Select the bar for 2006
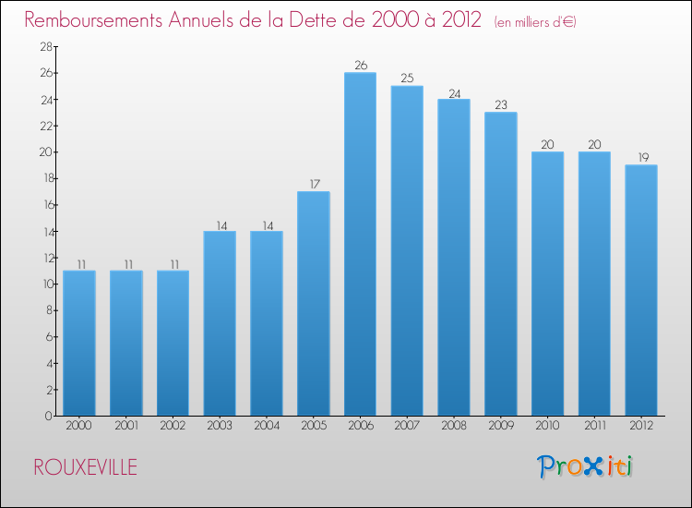[360, 244]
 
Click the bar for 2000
[78, 343]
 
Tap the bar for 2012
[641, 290]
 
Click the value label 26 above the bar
[360, 66]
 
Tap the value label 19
[641, 158]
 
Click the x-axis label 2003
[220, 426]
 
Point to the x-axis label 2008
[454, 426]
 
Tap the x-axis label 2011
[594, 426]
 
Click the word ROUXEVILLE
[85, 467]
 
